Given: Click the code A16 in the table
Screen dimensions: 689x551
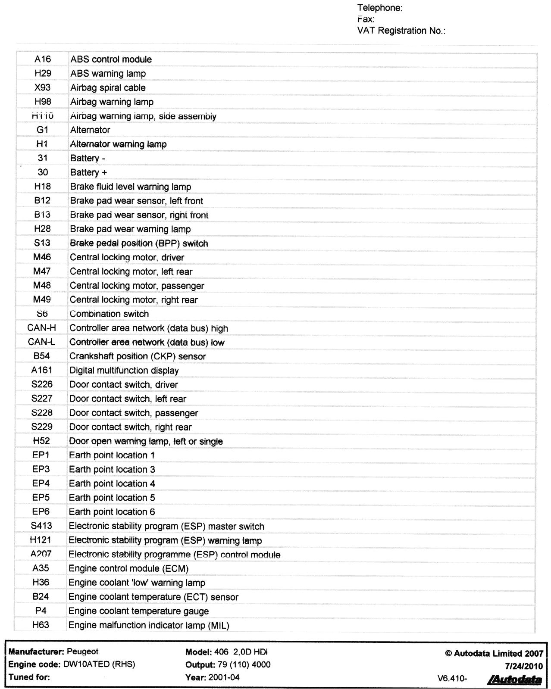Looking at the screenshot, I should click(x=43, y=59).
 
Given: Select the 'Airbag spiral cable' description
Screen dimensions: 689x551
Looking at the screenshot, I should click(x=108, y=88).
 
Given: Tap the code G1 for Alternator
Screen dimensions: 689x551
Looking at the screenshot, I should click(x=43, y=130).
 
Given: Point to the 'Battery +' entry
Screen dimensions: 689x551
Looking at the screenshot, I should click(x=88, y=172).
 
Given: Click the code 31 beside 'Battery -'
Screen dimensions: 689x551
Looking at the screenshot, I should click(x=43, y=158).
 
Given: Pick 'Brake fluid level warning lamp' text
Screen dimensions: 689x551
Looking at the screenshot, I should click(x=130, y=187).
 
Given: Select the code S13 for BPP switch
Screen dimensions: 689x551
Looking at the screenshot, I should click(x=42, y=243).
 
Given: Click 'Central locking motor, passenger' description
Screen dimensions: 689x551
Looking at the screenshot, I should click(x=137, y=286).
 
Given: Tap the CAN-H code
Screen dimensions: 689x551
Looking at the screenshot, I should click(x=41, y=328).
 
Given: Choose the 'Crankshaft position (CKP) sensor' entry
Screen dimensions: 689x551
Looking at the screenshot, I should click(x=138, y=356).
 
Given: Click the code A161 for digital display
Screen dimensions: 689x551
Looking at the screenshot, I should click(x=41, y=370).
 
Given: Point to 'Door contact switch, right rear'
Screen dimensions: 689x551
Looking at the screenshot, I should click(x=130, y=427).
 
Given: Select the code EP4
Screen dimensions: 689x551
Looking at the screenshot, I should click(x=41, y=483).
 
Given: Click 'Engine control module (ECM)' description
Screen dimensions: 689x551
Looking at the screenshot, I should click(x=128, y=569).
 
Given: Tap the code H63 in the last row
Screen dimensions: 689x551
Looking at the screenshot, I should click(x=41, y=625).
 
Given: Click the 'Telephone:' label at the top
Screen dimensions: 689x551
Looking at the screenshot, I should click(x=380, y=8).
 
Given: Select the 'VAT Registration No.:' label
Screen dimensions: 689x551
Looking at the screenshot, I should click(x=401, y=31).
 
